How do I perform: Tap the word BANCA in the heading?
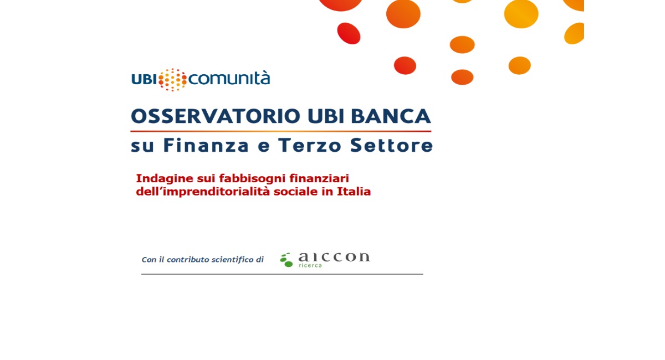(391, 116)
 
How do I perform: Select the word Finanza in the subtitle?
(206, 145)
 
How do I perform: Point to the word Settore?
(392, 145)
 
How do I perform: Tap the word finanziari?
(319, 178)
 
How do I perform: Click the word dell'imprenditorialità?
(203, 192)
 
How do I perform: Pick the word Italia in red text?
(354, 192)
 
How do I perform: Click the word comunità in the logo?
(229, 79)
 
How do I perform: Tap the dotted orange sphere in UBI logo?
(172, 80)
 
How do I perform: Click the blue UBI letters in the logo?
(144, 80)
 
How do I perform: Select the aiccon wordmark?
(334, 257)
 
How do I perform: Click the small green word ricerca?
(310, 265)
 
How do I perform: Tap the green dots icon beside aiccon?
(287, 260)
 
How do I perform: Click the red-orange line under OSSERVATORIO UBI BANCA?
(281, 131)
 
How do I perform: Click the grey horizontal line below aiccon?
(282, 274)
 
